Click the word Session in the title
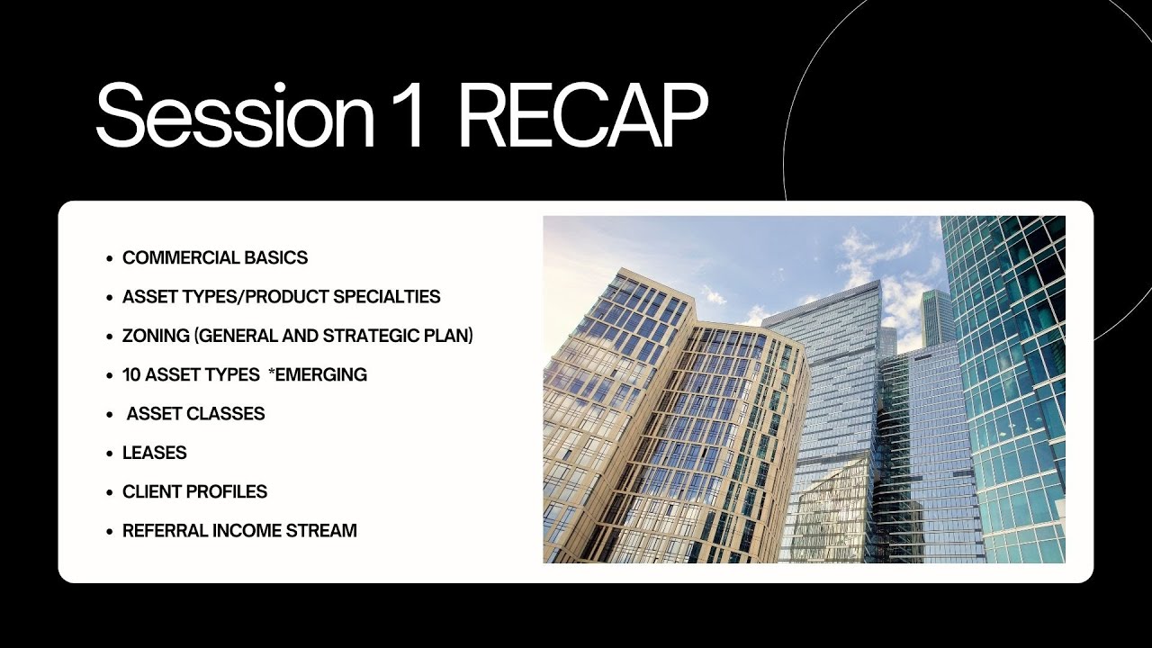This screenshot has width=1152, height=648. click(x=234, y=116)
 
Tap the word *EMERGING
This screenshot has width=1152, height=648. click(x=318, y=374)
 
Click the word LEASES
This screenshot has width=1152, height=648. click(x=155, y=453)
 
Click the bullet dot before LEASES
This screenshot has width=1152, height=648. click(x=110, y=454)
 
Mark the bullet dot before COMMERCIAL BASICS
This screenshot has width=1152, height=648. click(x=110, y=258)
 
